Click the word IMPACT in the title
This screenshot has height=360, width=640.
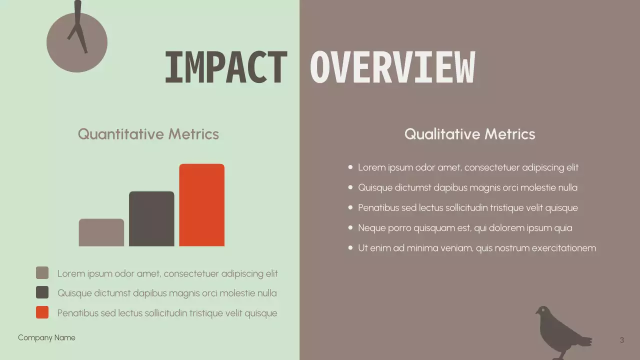click(225, 67)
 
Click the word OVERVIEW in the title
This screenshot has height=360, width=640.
click(392, 67)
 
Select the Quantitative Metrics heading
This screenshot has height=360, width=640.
click(148, 134)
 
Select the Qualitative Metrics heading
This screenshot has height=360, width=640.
click(469, 134)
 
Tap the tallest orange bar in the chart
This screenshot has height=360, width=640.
click(201, 205)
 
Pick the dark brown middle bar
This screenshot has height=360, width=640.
click(151, 218)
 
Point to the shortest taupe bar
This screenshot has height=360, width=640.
click(101, 232)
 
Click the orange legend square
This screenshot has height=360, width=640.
click(42, 312)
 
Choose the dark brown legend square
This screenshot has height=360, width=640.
click(42, 292)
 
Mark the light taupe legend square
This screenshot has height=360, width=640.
click(42, 273)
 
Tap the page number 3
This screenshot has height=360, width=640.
click(621, 340)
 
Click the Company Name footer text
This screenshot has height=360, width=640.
click(46, 338)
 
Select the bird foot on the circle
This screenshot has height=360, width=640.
click(78, 30)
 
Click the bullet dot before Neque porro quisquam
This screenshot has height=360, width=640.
click(350, 228)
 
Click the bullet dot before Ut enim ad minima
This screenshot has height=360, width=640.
click(350, 248)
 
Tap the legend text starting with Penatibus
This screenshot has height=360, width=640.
click(167, 313)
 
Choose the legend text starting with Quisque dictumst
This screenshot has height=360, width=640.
click(167, 293)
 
